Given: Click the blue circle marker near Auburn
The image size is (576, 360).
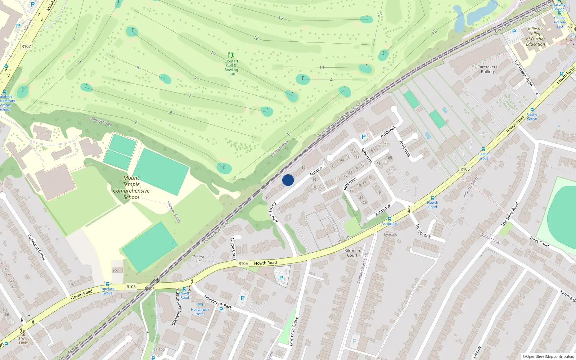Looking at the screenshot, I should (288, 180).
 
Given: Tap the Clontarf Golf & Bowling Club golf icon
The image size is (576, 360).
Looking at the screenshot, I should (231, 55).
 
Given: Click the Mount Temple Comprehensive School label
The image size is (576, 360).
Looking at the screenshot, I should (131, 188).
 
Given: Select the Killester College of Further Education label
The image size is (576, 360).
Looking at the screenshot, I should (535, 36).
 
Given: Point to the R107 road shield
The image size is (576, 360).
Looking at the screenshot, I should (26, 46).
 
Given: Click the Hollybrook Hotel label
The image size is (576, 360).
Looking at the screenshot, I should (200, 312).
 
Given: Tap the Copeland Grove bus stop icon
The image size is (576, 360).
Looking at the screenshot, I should (107, 284).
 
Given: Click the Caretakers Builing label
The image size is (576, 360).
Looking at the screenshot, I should (487, 69).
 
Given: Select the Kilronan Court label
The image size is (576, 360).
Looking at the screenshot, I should (352, 253).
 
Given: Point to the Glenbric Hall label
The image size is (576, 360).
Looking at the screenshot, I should (198, 259).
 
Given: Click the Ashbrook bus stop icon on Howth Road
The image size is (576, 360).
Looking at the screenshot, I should (389, 219).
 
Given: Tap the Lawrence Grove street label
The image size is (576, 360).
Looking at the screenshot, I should (293, 331).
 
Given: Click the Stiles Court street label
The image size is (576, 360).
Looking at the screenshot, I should (539, 242).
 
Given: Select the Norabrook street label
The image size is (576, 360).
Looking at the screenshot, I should (423, 231).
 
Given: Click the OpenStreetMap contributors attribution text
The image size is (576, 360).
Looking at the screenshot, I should (548, 356).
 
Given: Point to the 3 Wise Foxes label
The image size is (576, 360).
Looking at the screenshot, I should (24, 341).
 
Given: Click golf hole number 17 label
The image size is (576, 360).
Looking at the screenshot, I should (281, 18).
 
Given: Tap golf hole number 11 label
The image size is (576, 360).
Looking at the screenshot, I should (321, 67).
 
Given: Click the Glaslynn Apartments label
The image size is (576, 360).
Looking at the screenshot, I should (175, 307).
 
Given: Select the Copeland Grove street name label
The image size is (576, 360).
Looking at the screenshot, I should (36, 247).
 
